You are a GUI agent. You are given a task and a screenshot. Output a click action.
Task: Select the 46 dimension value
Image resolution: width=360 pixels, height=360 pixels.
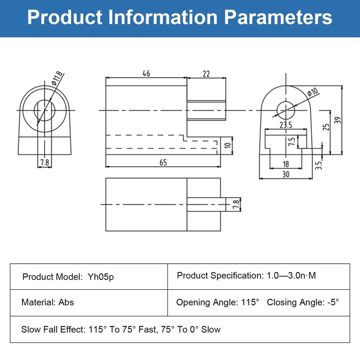click(x=146, y=74)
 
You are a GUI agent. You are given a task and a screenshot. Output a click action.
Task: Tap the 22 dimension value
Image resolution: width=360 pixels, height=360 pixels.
click(x=206, y=74)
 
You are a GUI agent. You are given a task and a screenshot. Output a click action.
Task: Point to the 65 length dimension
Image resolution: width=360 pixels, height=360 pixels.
click(x=163, y=162)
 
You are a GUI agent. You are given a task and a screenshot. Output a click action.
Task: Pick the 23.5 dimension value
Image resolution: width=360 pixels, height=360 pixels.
click(x=286, y=125)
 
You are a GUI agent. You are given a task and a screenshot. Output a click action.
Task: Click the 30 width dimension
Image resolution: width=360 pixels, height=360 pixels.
click(x=285, y=175)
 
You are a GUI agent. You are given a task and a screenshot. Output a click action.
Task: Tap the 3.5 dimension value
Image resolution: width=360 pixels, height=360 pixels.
click(x=319, y=165)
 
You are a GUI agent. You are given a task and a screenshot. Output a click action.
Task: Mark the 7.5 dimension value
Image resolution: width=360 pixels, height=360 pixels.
click(x=292, y=142)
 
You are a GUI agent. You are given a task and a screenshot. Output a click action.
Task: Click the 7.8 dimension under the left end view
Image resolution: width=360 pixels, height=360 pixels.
click(x=44, y=162)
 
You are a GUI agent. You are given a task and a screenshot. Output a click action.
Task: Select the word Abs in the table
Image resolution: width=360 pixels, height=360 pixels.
click(x=66, y=302)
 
